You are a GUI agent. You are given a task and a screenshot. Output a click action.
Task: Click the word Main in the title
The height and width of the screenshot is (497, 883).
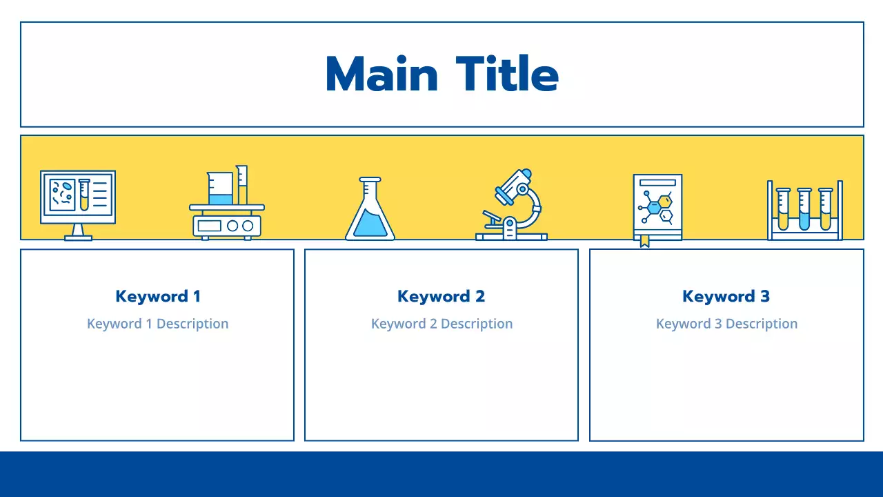(381, 75)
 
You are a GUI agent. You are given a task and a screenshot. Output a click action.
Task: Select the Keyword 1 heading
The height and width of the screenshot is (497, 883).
(158, 296)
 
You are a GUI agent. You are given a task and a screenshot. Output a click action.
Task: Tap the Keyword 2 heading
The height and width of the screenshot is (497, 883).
(441, 296)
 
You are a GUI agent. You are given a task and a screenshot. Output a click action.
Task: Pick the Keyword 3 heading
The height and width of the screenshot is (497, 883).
(726, 296)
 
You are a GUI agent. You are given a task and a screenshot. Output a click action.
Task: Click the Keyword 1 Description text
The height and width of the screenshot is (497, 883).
(157, 324)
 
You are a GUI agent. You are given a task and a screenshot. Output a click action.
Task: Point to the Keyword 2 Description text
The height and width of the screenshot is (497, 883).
(441, 324)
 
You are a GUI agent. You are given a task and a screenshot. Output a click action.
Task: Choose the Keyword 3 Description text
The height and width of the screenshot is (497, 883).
(726, 324)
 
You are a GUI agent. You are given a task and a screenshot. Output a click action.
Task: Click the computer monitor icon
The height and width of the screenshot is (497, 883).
(78, 197)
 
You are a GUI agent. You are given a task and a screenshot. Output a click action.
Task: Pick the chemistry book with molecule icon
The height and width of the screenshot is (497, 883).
(657, 206)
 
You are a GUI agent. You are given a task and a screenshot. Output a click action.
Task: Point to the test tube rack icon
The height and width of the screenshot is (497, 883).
(805, 210)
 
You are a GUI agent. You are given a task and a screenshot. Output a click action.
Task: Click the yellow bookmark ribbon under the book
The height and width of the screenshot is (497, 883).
(644, 241)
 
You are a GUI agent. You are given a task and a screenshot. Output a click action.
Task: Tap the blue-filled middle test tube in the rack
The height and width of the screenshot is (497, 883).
(804, 211)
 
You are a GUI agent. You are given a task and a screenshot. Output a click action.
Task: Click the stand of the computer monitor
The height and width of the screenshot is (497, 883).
(78, 232)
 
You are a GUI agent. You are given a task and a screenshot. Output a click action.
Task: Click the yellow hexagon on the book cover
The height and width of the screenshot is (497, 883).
(664, 202)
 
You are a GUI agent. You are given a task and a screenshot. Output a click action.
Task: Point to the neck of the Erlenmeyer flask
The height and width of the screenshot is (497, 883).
(370, 190)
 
